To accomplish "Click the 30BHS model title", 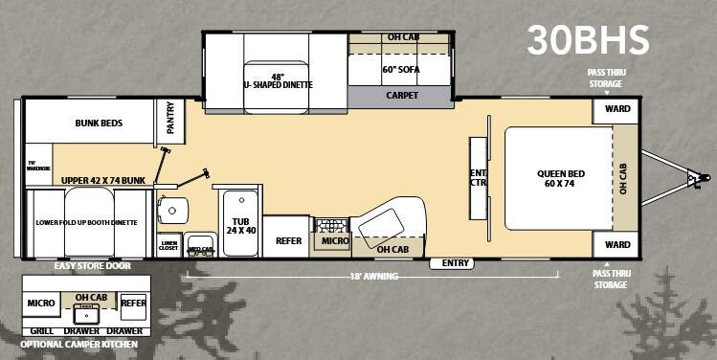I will [x=588, y=39].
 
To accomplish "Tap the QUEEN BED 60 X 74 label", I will [x=560, y=178].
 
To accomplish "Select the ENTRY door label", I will [x=451, y=262].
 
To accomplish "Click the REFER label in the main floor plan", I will [x=289, y=240].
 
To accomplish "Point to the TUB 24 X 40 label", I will [x=240, y=226].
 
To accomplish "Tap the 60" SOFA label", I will [x=402, y=70].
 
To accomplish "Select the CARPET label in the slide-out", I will [x=402, y=96].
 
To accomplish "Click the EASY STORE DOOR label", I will [x=94, y=265].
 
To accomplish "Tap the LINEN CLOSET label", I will [x=168, y=245].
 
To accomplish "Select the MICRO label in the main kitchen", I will [x=335, y=241].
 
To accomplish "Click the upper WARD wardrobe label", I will [x=617, y=109].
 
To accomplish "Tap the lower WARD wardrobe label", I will [x=617, y=245].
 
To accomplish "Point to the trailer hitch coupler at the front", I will [x=704, y=177].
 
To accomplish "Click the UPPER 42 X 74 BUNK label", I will [x=101, y=179].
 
